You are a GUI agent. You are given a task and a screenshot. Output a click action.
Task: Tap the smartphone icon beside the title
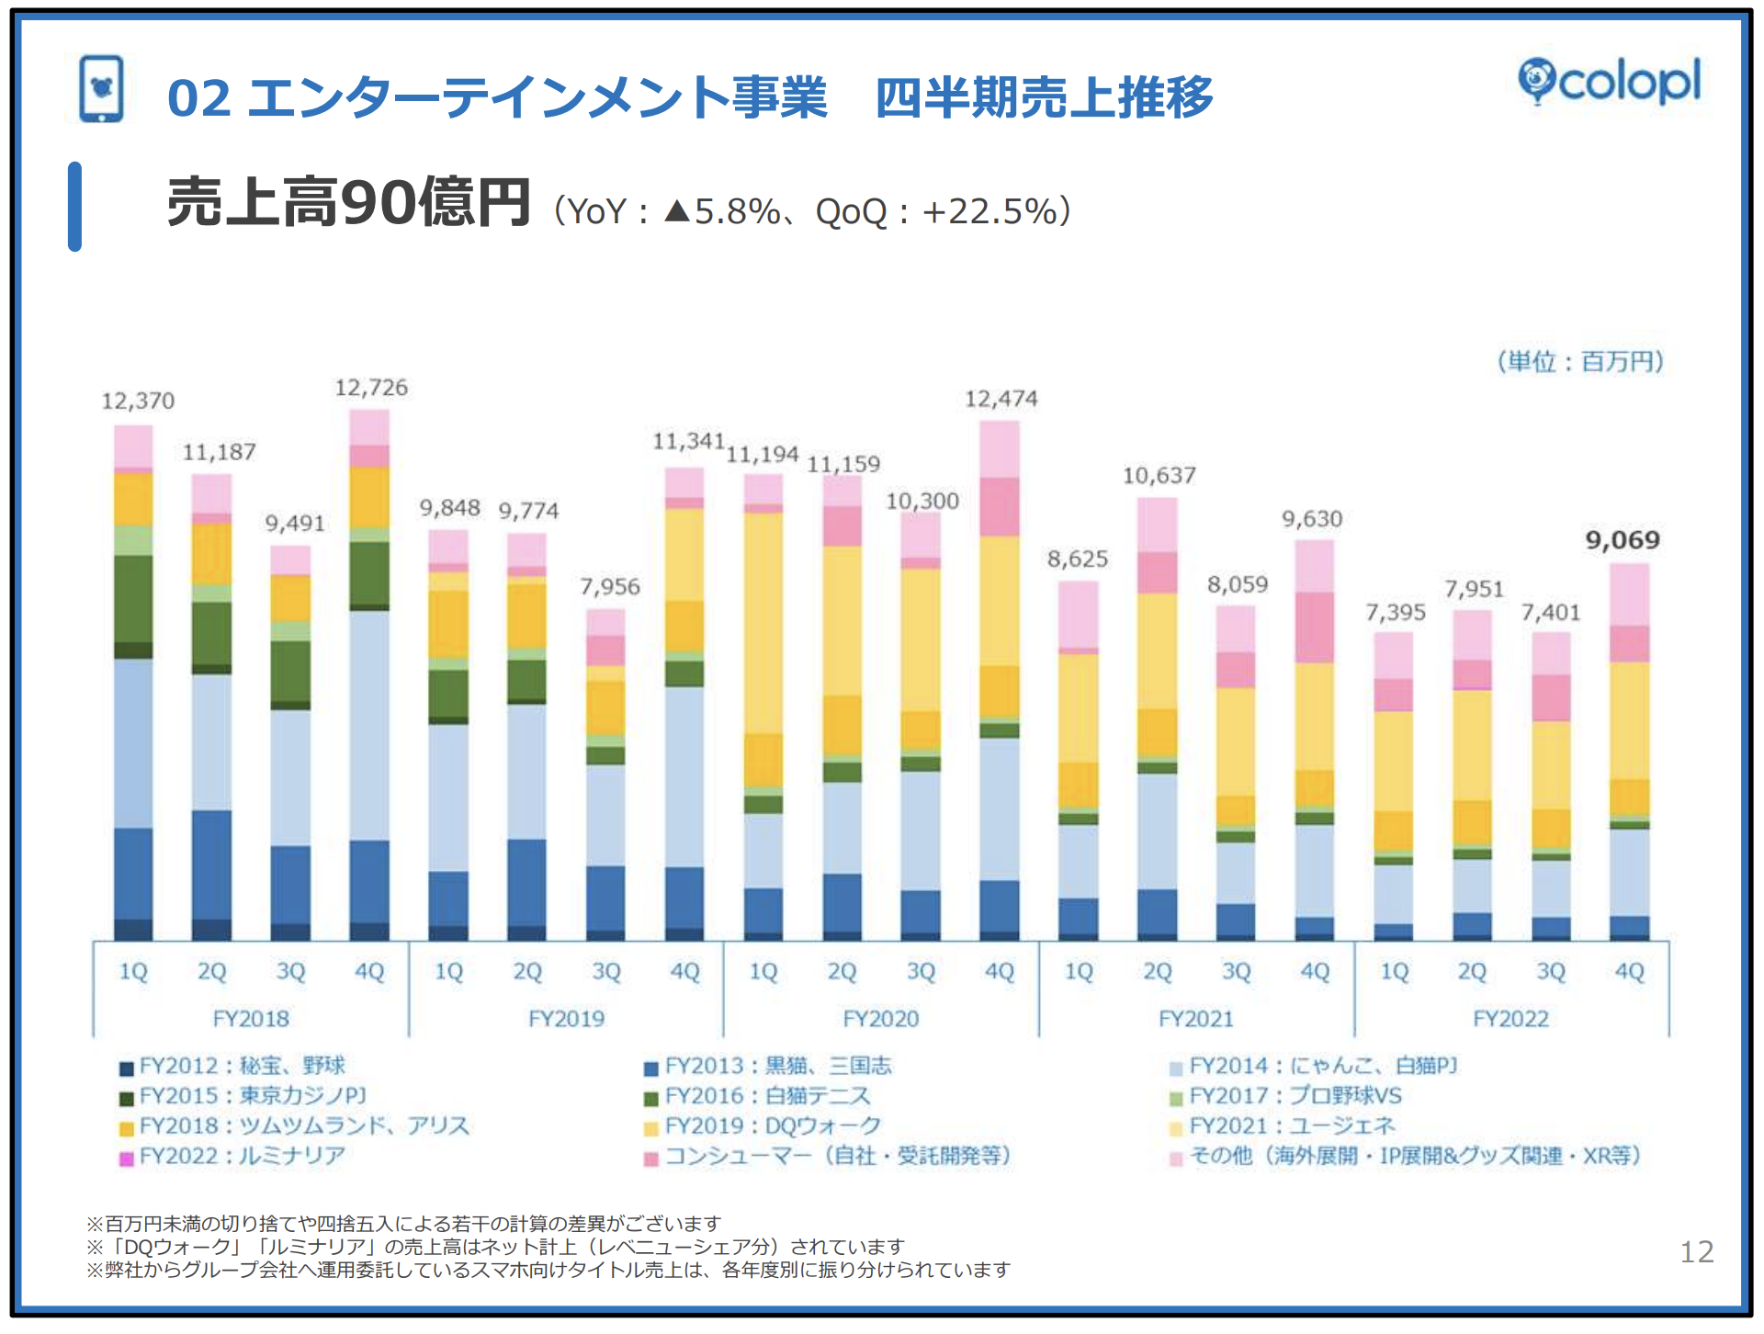coord(101,89)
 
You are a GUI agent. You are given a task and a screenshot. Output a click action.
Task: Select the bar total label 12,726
coord(370,388)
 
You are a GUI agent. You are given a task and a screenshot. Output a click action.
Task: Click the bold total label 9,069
coord(1623,540)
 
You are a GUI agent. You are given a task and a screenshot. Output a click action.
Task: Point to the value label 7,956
coord(609,587)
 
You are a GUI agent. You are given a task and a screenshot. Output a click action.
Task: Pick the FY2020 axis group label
coord(880,1019)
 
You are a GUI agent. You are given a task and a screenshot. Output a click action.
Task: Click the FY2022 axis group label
coord(1510,1019)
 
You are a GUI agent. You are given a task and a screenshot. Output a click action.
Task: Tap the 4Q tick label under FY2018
coord(369,971)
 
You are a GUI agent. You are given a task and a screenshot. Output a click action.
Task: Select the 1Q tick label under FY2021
coord(1079,971)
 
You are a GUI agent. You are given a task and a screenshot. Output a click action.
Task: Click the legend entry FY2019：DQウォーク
coord(772,1126)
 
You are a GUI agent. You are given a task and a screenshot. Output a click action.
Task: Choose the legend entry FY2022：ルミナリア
coord(242,1156)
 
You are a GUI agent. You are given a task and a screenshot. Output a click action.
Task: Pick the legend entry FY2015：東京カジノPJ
coord(253,1096)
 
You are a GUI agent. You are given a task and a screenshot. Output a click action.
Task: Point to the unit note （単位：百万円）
coord(1580,362)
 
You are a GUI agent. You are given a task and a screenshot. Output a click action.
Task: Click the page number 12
coord(1696,1252)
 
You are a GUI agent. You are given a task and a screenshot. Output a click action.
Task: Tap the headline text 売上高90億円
coord(348,203)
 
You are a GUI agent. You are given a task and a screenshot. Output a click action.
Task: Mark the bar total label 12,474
coord(1001,399)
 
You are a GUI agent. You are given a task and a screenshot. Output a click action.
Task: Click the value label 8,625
coord(1078,559)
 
